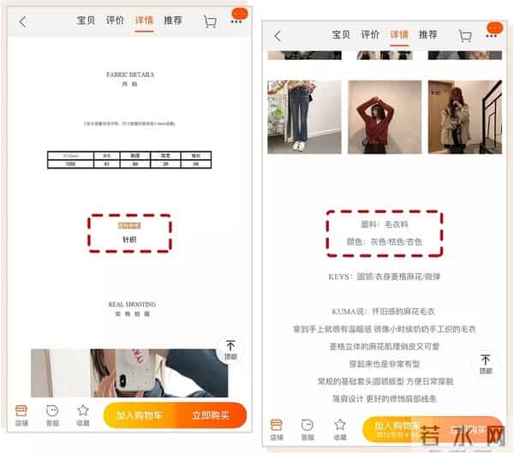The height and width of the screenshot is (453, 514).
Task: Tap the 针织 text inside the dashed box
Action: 129,240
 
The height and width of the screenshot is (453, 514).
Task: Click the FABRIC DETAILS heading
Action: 130,75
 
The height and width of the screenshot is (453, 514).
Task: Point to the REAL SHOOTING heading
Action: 130,305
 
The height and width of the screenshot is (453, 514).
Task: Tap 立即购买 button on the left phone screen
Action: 211,415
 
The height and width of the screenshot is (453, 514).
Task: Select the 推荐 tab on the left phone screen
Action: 172,21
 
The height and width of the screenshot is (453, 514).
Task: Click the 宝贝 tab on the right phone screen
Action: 342,35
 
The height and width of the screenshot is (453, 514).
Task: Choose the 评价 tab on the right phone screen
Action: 370,35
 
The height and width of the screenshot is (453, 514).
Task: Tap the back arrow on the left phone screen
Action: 23,21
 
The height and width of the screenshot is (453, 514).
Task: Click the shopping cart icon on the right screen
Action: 465,36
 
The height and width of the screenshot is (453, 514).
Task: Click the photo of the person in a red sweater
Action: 384,116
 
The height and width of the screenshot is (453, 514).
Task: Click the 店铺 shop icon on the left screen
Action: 21,414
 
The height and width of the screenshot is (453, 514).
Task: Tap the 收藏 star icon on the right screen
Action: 339,427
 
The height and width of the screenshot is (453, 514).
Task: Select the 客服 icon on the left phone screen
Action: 52,414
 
